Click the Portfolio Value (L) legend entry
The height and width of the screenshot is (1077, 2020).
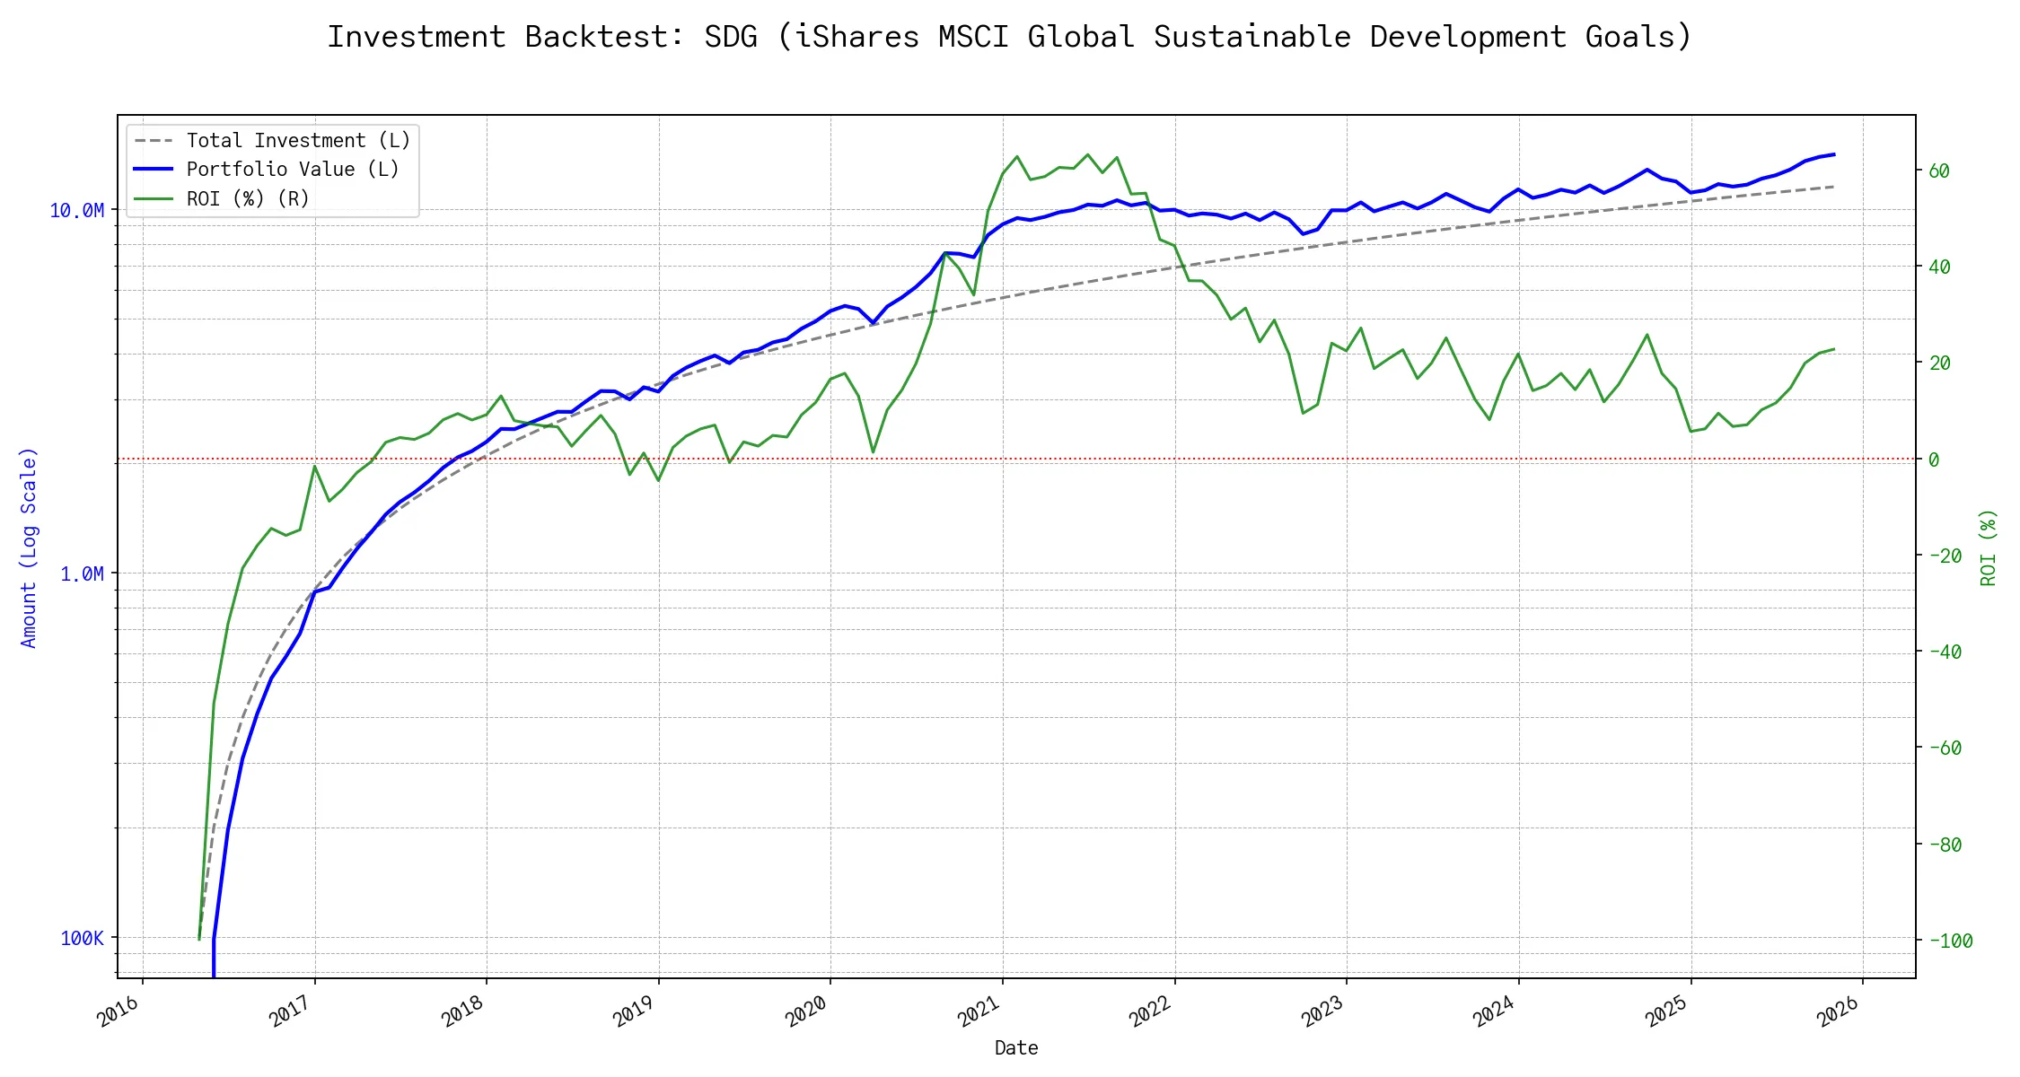pos(293,170)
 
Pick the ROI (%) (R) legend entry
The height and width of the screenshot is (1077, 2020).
pos(248,198)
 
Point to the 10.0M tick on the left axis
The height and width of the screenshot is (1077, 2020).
pos(76,211)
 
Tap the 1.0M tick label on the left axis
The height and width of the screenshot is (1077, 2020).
pos(82,574)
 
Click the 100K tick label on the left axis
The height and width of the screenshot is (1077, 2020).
pos(82,939)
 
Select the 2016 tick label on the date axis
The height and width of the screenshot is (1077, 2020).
pos(119,1011)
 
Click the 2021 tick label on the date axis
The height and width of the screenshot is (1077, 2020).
pos(979,1011)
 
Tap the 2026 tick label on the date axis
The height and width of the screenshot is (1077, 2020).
pos(1840,1011)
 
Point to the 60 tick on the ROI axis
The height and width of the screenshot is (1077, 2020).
pos(1939,171)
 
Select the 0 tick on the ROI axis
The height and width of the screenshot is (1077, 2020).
pos(1934,460)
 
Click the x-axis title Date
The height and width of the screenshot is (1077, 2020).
pos(1016,1048)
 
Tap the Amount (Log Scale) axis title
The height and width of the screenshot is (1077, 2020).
pos(29,547)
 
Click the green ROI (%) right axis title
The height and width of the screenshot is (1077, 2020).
pos(1989,547)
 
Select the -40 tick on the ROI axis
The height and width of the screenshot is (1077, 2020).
pos(1945,652)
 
